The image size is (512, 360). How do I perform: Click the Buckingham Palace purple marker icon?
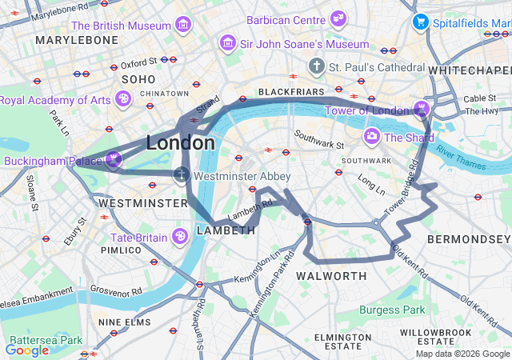click(114, 158)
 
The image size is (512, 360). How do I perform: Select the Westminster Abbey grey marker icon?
click(182, 175)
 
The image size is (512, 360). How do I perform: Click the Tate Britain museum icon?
click(180, 237)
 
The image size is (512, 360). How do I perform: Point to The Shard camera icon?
click(372, 137)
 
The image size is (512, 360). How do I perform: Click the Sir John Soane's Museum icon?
click(228, 44)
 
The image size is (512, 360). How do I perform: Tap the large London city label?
click(180, 143)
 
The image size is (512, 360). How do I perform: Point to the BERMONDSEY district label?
click(468, 239)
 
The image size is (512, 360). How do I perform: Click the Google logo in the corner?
click(27, 350)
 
